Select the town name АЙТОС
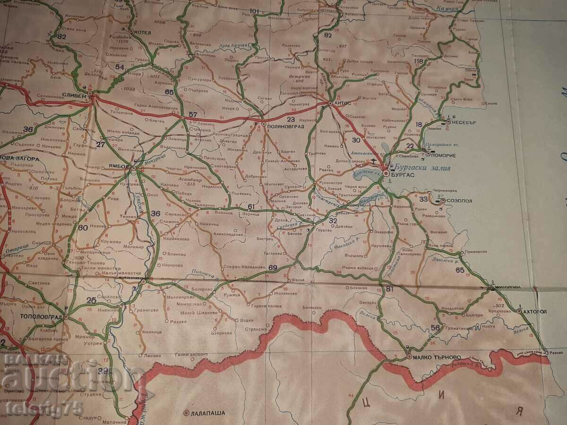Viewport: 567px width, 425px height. coord(344,102)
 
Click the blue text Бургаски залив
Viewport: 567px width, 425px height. coord(419,168)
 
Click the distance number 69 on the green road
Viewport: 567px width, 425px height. coord(273,268)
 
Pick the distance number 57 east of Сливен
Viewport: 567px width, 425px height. coord(192,115)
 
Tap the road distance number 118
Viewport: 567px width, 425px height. coord(418,61)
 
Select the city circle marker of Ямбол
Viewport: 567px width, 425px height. coord(134,168)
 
